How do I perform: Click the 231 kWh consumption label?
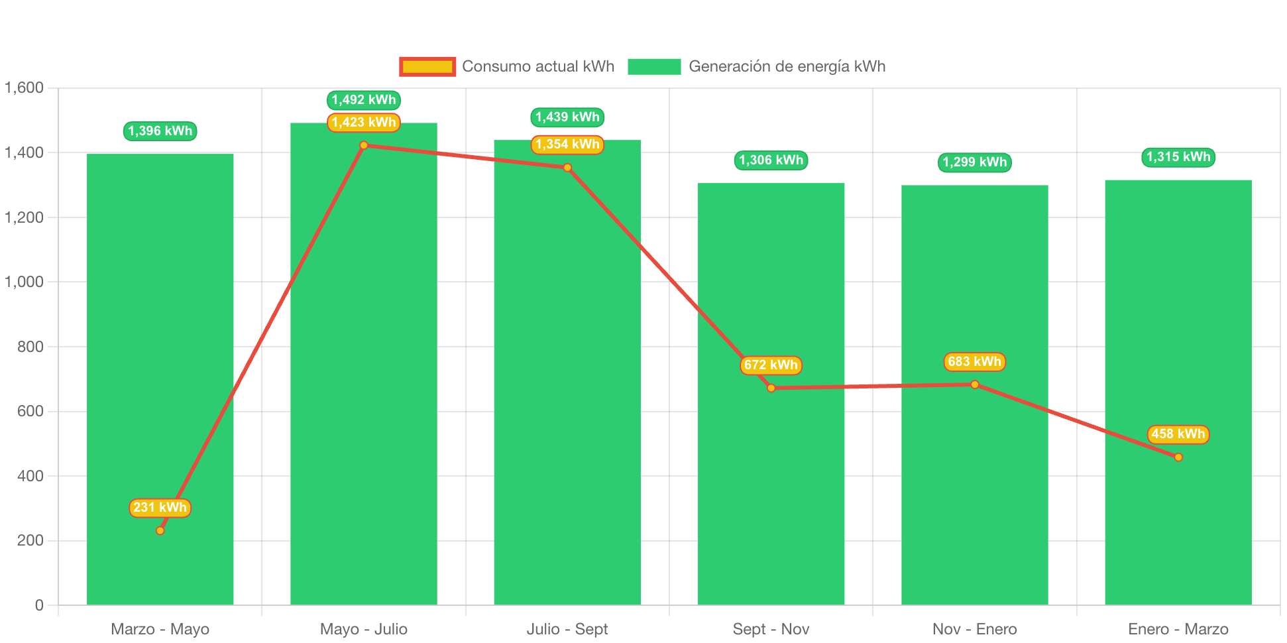[x=160, y=508]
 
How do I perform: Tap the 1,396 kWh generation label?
[x=160, y=131]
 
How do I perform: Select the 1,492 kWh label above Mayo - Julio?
[x=363, y=100]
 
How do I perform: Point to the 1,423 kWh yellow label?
[x=363, y=123]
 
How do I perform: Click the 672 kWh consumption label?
[x=771, y=365]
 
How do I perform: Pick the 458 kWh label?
[x=1178, y=434]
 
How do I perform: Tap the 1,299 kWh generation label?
[x=974, y=162]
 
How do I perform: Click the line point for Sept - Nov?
[x=771, y=388]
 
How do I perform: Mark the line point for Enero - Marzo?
[x=1178, y=457]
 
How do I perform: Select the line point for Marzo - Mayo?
[x=160, y=530]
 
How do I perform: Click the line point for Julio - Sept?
[x=567, y=168]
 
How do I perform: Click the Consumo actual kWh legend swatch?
[x=427, y=66]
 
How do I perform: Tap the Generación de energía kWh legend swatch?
[x=654, y=66]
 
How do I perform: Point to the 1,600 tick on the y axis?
[x=25, y=88]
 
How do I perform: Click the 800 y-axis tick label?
[x=30, y=347]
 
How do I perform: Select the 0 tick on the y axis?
[x=39, y=605]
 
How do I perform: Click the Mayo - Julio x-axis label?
[x=363, y=629]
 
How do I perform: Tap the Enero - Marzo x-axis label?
[x=1178, y=629]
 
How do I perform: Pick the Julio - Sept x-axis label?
[x=567, y=629]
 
